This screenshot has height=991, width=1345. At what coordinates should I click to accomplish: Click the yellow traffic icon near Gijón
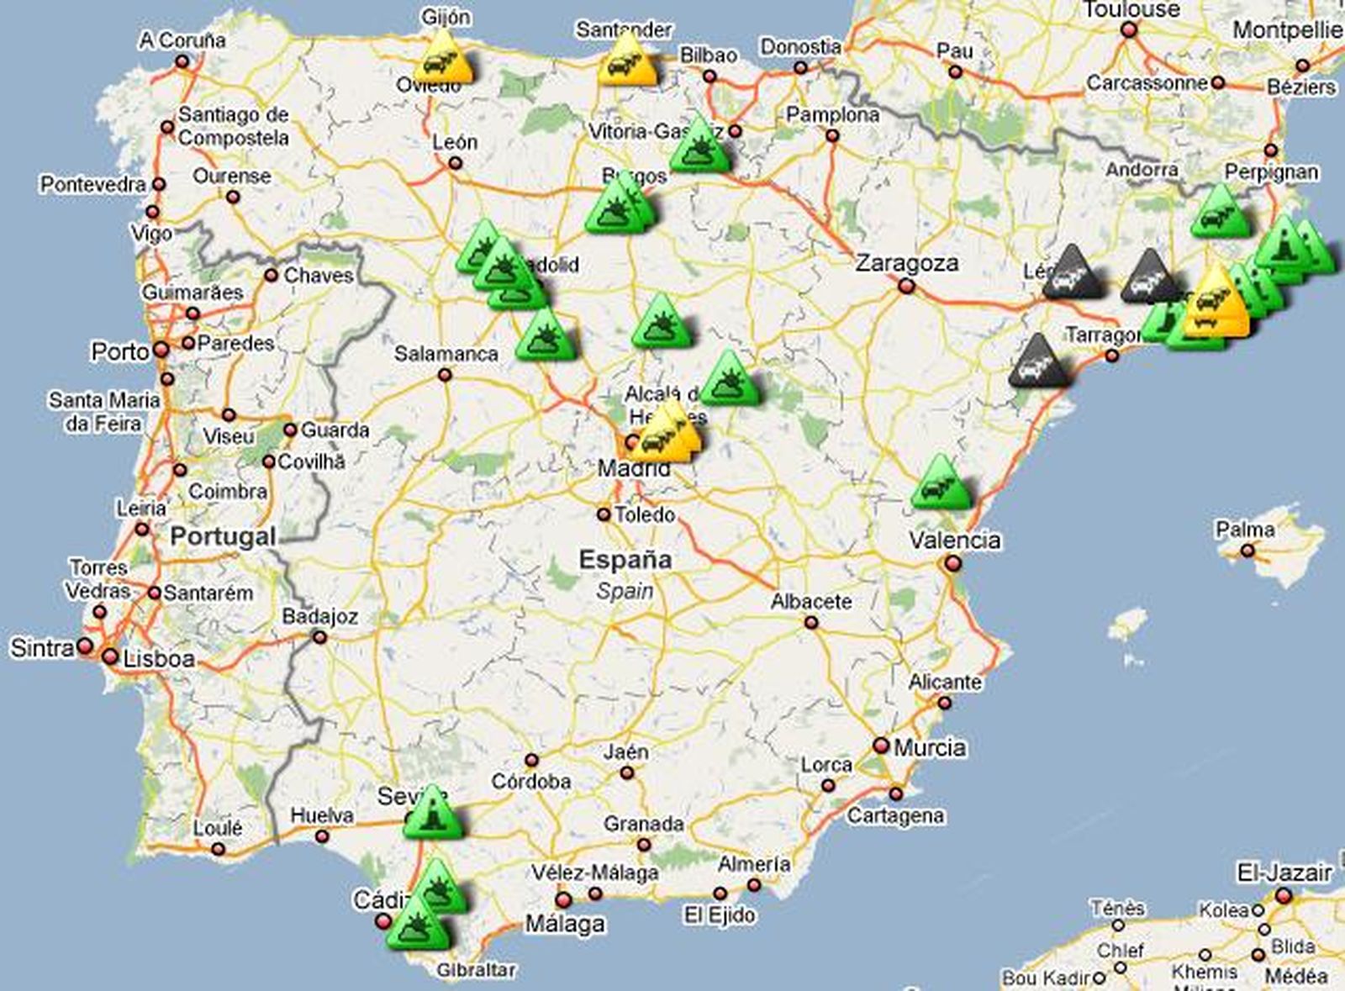point(444,59)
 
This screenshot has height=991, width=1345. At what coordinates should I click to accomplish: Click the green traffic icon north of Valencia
point(941,485)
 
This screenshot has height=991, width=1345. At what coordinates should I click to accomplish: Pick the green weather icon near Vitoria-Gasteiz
point(699,147)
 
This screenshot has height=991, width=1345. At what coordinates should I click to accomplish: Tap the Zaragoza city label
point(906,263)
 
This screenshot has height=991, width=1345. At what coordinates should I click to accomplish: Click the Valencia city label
point(955,540)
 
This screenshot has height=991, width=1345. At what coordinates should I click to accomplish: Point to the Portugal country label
point(223,536)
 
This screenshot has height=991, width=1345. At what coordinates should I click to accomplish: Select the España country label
point(625,560)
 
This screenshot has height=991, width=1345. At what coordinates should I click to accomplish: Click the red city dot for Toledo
point(604,514)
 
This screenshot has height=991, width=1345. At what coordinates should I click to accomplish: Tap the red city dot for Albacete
point(810,623)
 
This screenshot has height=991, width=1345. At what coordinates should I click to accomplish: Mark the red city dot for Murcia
point(881,746)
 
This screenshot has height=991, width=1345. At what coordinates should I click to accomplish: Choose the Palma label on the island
point(1244,530)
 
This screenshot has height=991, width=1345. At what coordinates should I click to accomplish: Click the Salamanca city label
point(446,354)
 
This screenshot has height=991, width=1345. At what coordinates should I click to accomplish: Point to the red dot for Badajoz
point(319,637)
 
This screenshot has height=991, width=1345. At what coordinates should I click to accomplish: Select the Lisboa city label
point(159,659)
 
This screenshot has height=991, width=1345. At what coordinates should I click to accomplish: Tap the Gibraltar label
point(476,970)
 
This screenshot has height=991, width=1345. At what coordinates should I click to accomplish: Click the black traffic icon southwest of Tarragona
point(1040,363)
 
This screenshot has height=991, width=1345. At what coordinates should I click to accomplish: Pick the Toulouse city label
point(1131,10)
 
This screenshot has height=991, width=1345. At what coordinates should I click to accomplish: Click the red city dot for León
point(455,163)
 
